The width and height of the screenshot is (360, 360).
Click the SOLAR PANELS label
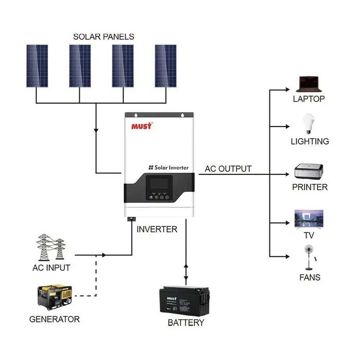(x=103, y=37)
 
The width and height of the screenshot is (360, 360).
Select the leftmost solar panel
(x=37, y=65)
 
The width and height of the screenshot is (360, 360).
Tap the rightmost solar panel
(x=166, y=65)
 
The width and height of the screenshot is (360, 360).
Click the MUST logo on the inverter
(x=141, y=126)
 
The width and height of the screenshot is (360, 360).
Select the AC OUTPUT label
(x=228, y=169)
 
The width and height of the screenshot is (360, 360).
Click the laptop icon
(x=309, y=83)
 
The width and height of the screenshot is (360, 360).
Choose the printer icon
(x=309, y=171)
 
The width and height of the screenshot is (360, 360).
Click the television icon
(x=309, y=219)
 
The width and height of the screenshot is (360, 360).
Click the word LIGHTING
(x=310, y=141)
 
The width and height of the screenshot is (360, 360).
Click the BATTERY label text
(x=186, y=323)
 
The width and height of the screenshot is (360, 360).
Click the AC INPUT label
(x=51, y=268)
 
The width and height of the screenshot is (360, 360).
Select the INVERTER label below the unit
(x=157, y=229)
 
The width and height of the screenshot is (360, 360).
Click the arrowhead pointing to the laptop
(x=287, y=89)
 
